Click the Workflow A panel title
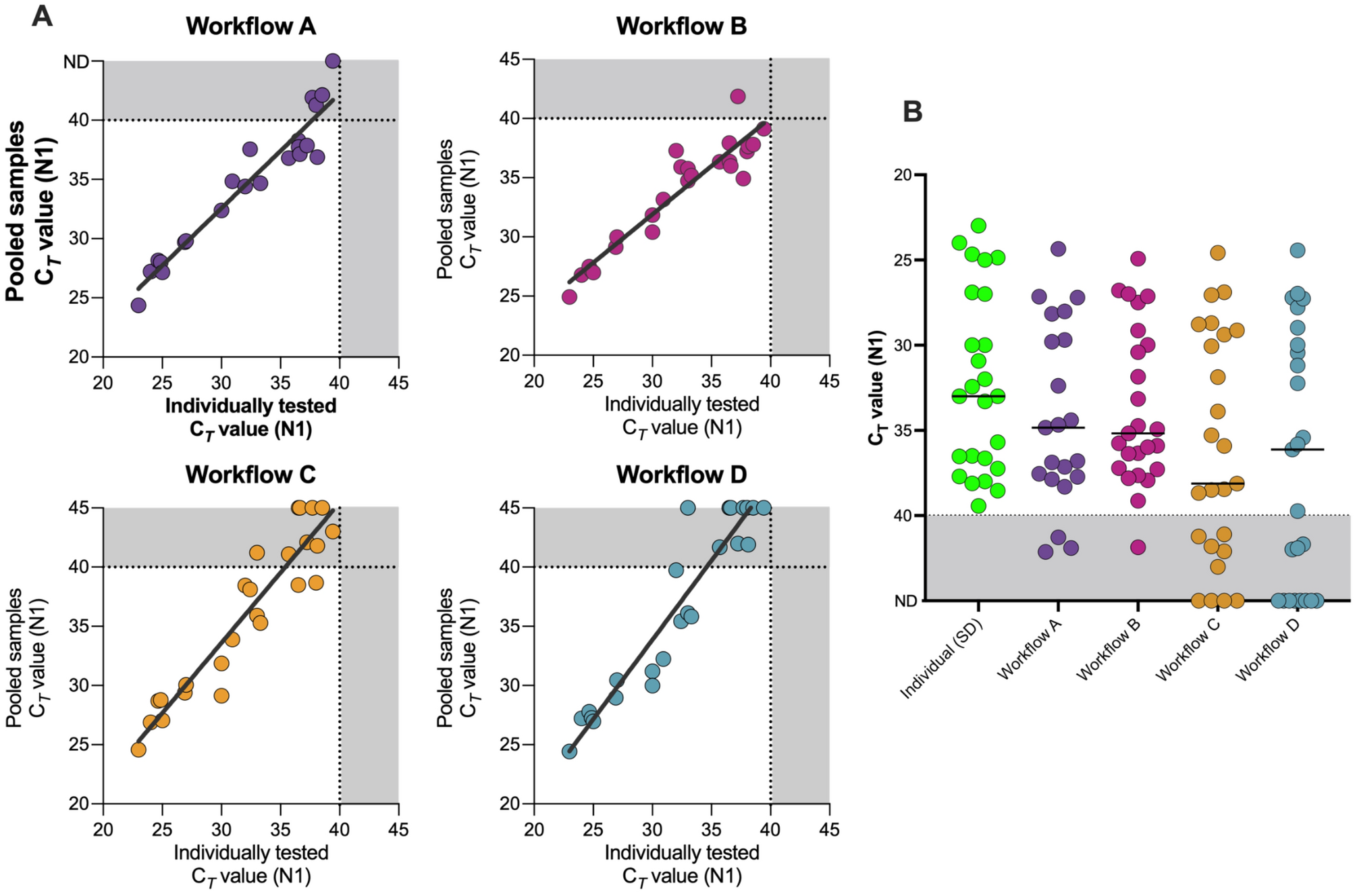click(x=250, y=26)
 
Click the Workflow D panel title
click(x=681, y=475)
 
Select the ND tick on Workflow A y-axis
click(x=76, y=62)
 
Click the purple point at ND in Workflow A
click(x=333, y=61)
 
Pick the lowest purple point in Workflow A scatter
click(x=138, y=305)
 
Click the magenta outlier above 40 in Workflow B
click(x=737, y=97)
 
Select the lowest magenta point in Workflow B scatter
click(x=569, y=297)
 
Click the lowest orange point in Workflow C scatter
click(x=138, y=750)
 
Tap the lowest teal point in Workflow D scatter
click(x=569, y=752)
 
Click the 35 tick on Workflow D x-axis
click(x=710, y=829)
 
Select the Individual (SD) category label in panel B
click(x=941, y=658)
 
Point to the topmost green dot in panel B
click(x=978, y=226)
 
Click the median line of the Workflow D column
click(x=1297, y=449)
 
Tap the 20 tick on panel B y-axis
click(x=902, y=176)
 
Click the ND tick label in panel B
click(x=905, y=601)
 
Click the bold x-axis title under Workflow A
click(x=250, y=417)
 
